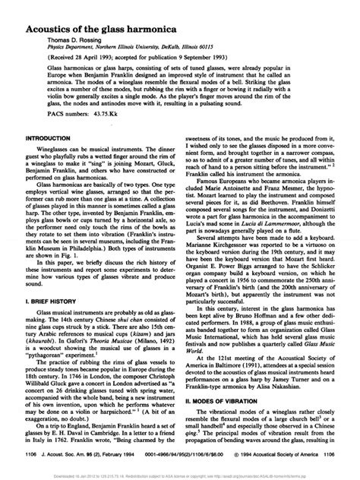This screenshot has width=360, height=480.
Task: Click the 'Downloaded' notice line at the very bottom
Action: point(180,475)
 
